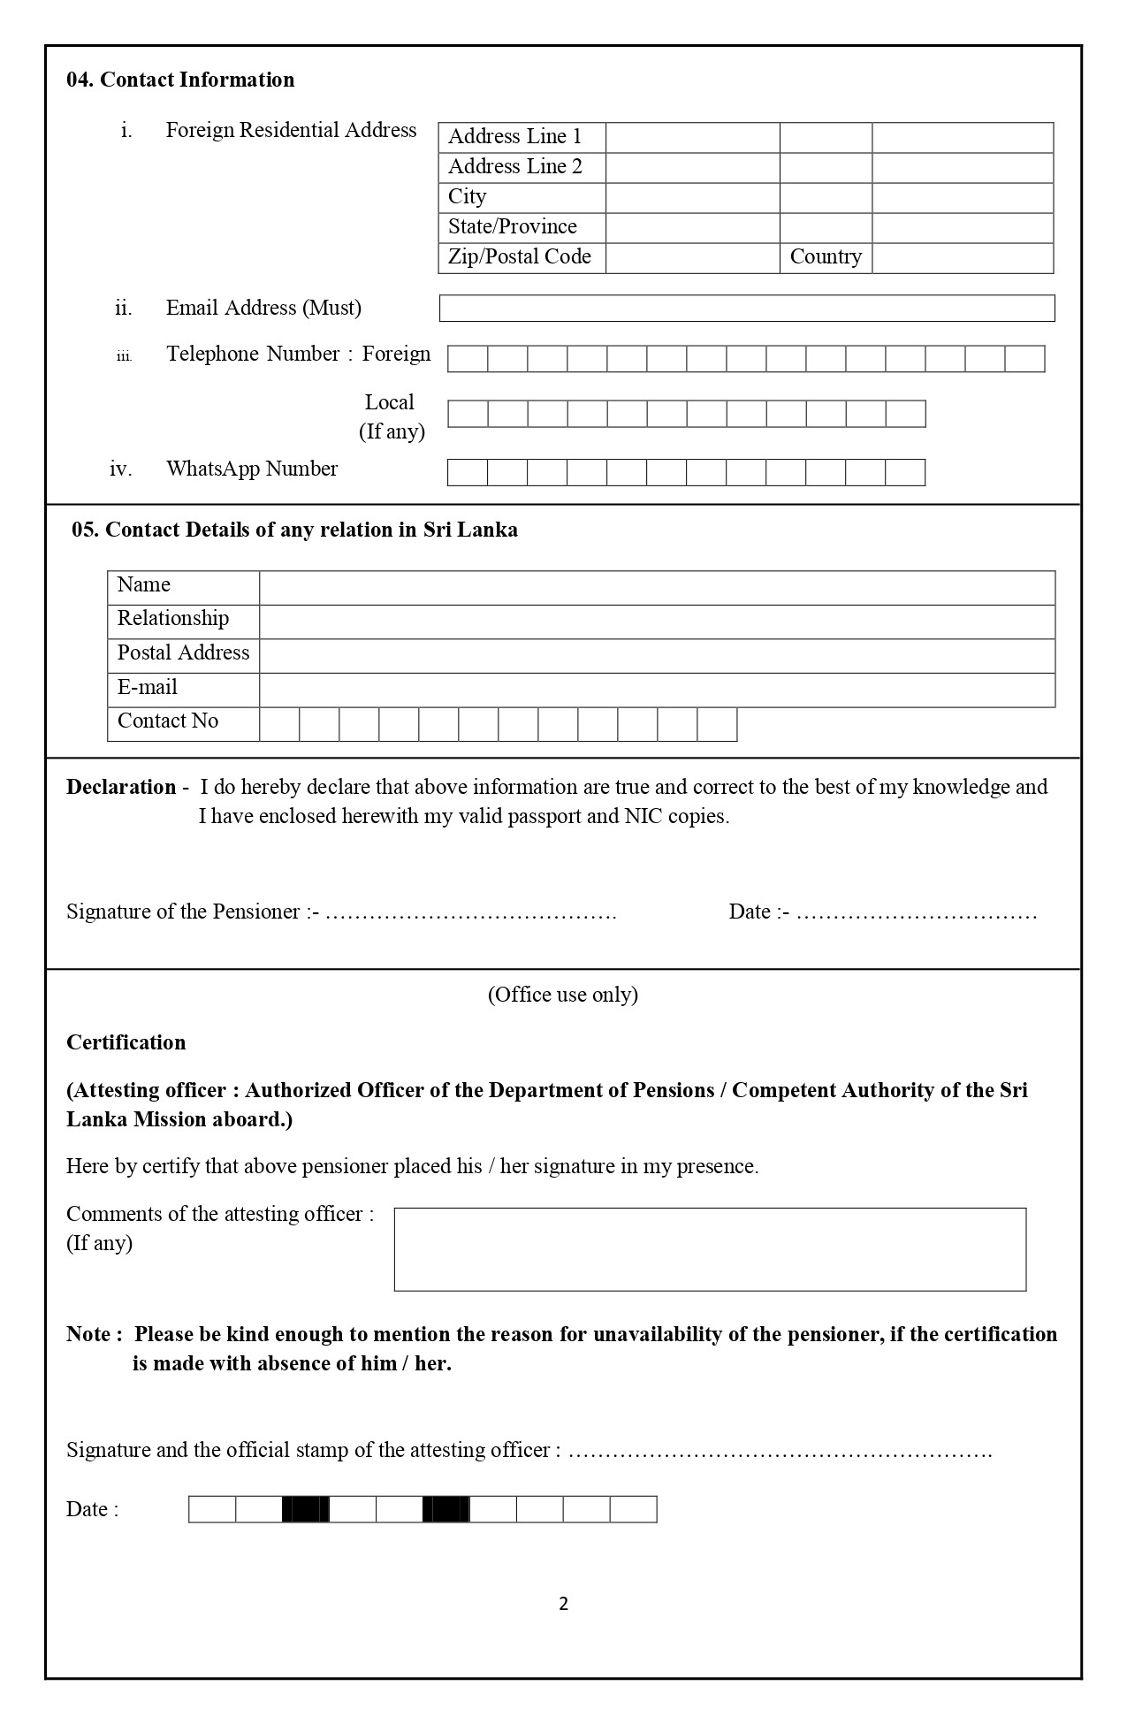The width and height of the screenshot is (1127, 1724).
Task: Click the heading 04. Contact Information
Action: pos(180,80)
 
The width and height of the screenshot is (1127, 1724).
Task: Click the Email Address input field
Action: pos(746,308)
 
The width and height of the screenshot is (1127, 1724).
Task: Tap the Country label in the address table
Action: pos(826,257)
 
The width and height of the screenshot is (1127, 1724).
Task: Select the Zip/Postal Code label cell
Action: pos(521,257)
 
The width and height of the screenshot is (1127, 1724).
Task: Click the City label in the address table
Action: pos(468,197)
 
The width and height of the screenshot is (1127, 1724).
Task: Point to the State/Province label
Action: pos(513,227)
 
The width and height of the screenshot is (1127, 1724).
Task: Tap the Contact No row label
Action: pos(168,721)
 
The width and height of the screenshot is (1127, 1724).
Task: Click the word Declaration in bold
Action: pos(122,787)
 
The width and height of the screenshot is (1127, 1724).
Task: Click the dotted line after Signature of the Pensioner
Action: pos(470,913)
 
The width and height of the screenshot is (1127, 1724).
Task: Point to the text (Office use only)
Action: pos(563,995)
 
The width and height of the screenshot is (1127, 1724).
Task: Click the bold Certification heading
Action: pos(126,1042)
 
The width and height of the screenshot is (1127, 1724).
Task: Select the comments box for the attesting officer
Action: pos(710,1249)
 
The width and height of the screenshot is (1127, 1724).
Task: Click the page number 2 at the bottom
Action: pos(564,1604)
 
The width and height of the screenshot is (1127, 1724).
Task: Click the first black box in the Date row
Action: pos(306,1509)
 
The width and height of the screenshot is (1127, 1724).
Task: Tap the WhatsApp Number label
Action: pos(252,469)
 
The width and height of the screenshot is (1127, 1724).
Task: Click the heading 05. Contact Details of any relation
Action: pos(295,530)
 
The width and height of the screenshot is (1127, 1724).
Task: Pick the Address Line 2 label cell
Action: pos(515,167)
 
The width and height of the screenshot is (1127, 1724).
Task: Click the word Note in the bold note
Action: pos(88,1334)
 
